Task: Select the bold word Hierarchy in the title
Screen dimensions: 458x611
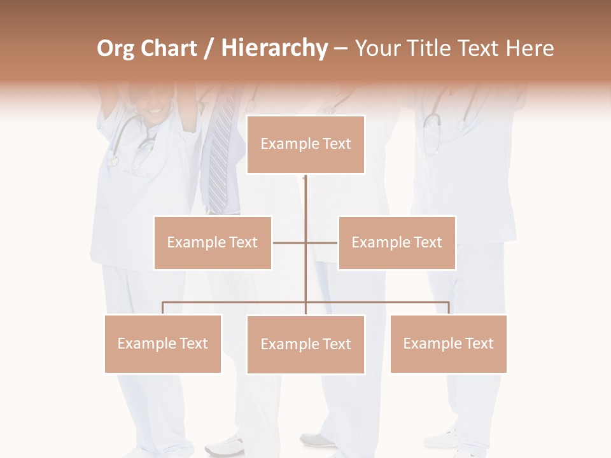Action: [274, 48]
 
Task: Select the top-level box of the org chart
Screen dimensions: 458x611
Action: [305, 144]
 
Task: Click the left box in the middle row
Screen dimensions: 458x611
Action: [213, 242]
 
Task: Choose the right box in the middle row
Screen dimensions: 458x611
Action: [397, 242]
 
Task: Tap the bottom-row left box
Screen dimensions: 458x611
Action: [163, 343]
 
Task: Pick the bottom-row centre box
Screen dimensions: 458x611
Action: [305, 344]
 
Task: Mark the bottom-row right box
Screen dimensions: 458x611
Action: [449, 343]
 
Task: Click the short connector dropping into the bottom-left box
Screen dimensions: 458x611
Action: [163, 308]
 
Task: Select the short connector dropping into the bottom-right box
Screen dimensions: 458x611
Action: [449, 308]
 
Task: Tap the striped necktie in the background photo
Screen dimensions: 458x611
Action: [220, 159]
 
